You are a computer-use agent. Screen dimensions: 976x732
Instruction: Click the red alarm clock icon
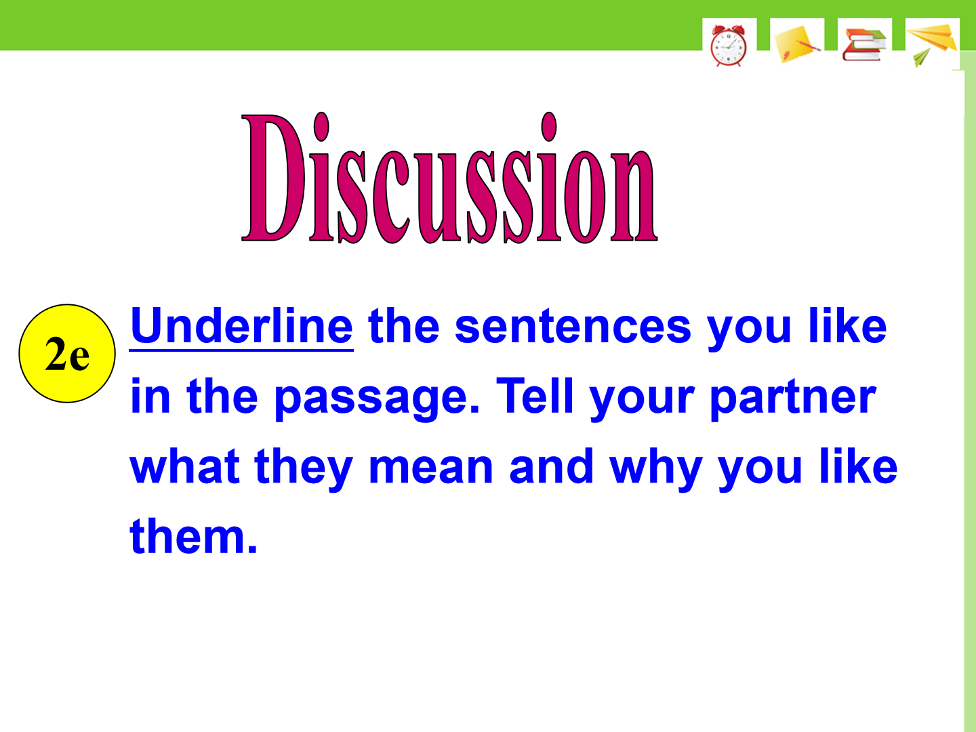729,45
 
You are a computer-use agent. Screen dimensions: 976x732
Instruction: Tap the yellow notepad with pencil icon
797,44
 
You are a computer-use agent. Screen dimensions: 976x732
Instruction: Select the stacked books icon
864,45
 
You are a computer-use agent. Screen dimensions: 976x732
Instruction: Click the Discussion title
449,178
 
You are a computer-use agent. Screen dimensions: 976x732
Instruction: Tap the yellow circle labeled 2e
67,353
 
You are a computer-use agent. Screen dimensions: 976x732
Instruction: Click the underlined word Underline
241,327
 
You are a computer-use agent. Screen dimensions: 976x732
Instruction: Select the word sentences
573,327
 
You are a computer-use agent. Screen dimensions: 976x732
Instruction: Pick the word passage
377,398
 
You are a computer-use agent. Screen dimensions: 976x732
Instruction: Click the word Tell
535,395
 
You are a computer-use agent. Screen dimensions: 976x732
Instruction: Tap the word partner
793,398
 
